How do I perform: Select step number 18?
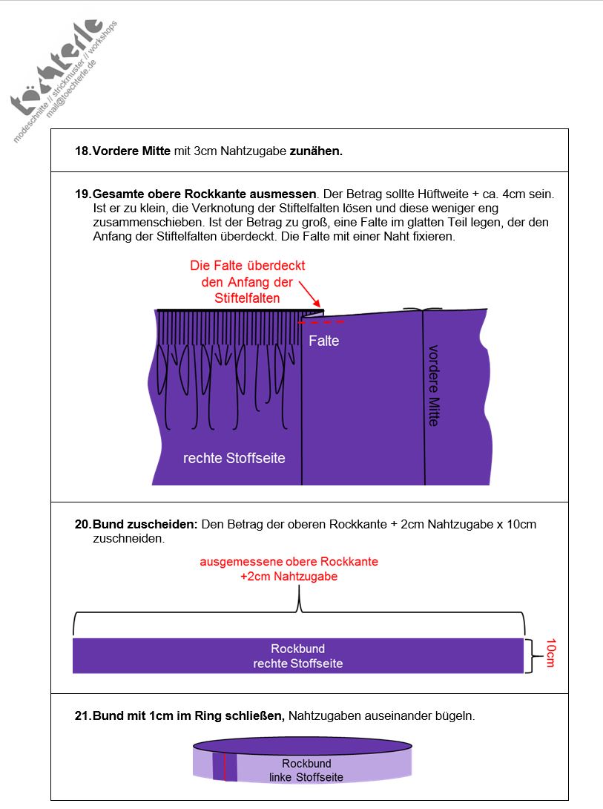[82, 151]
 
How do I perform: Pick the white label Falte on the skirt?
[324, 341]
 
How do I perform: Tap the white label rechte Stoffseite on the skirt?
[234, 458]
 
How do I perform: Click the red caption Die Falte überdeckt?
[247, 266]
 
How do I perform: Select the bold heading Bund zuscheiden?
[145, 524]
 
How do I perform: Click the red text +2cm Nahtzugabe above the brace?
[289, 576]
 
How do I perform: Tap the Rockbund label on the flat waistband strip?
[297, 649]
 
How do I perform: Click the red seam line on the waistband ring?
[224, 767]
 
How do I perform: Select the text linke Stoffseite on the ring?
[306, 777]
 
